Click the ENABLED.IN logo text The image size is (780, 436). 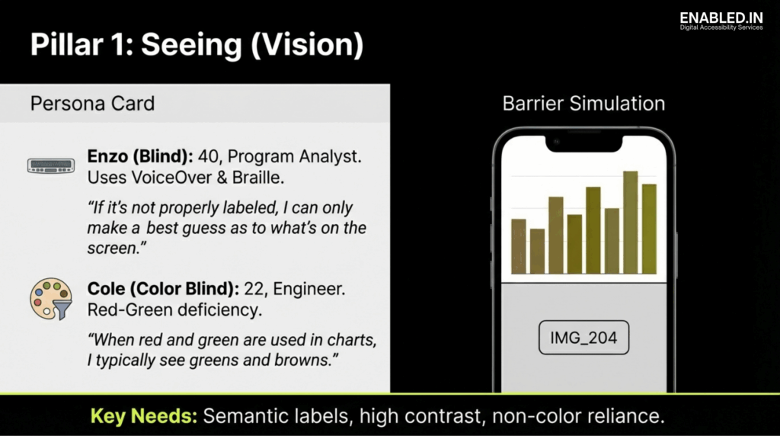pos(721,17)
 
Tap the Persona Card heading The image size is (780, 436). pos(92,103)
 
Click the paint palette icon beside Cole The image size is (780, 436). pos(50,299)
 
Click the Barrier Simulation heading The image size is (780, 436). pos(583,104)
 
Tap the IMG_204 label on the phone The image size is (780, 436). pos(583,338)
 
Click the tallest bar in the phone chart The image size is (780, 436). pos(630,222)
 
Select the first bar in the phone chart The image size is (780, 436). pos(519,245)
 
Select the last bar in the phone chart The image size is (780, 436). pos(649,228)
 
